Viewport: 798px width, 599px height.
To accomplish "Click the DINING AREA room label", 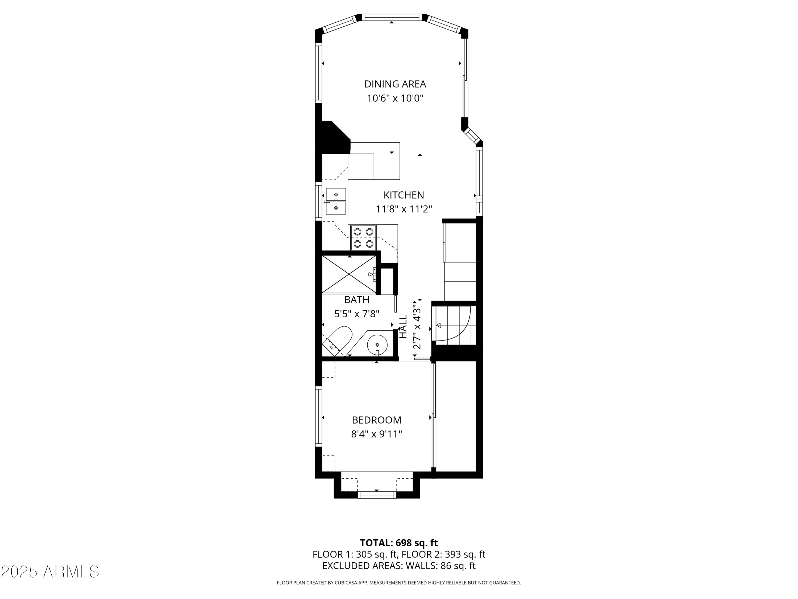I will point(395,84).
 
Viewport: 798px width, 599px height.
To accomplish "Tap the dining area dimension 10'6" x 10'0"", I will point(395,98).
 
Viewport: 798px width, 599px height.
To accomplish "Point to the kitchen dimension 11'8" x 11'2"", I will point(404,209).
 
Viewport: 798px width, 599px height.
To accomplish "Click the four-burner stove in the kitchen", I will point(363,237).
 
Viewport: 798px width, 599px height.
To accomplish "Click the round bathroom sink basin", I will point(377,344).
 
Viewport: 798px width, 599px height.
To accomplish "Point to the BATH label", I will point(356,300).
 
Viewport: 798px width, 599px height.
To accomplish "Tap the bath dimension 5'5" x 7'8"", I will point(356,314).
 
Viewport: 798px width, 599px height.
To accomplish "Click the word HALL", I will point(403,326).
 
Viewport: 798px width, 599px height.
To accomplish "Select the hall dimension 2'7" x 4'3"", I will point(417,326).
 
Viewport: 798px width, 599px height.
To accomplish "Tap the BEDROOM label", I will point(376,420).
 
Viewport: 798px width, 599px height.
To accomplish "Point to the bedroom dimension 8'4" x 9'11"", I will point(376,434).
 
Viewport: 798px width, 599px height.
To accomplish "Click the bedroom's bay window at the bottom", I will point(377,494).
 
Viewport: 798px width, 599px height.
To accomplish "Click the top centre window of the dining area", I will point(392,17).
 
